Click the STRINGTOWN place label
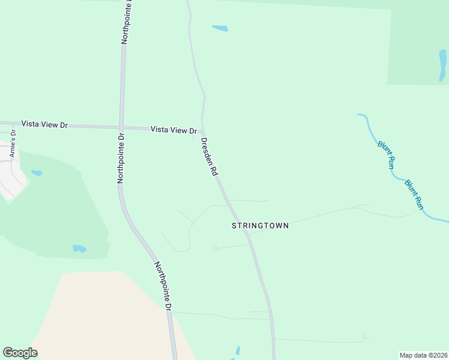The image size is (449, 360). (x=261, y=226)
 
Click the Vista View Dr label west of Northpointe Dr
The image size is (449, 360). (x=44, y=124)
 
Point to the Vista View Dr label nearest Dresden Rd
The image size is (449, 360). (x=173, y=130)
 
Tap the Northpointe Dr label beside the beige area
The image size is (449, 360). (x=163, y=286)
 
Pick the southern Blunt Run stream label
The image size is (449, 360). (x=414, y=194)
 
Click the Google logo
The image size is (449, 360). (x=20, y=353)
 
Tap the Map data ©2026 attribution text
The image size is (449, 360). (x=423, y=355)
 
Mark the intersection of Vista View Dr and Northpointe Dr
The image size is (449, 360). (x=121, y=127)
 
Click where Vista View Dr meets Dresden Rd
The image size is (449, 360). (x=202, y=130)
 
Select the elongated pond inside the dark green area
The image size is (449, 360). (x=442, y=65)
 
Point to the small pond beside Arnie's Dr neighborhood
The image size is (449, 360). (x=37, y=173)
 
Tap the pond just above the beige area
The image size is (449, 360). (x=79, y=248)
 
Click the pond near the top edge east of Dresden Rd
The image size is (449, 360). (x=220, y=28)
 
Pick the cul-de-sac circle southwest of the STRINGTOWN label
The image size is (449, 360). (x=215, y=248)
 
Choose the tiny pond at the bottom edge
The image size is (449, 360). (x=238, y=351)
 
